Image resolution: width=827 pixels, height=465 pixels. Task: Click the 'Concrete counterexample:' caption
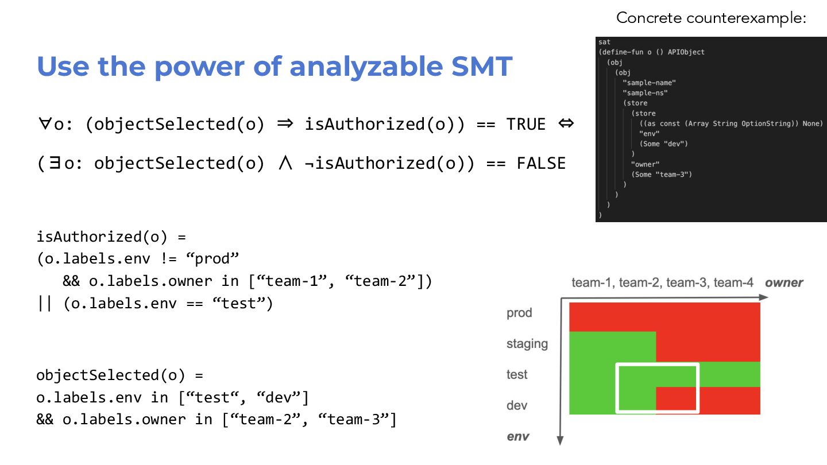point(712,18)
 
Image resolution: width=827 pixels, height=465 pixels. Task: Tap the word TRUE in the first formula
point(525,124)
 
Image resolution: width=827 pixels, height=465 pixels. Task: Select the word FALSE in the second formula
point(541,164)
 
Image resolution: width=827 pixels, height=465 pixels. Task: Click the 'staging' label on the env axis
point(527,344)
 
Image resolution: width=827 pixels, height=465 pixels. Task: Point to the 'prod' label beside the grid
point(519,313)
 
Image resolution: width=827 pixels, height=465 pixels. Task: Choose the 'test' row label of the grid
point(517,375)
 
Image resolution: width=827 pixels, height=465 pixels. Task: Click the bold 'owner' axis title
point(784,282)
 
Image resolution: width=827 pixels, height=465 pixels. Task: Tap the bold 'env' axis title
point(517,437)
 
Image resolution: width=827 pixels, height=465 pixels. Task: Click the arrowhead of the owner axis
point(764,297)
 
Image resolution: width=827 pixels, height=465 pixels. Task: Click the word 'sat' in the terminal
point(604,42)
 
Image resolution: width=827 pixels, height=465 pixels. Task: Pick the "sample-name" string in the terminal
point(649,83)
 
